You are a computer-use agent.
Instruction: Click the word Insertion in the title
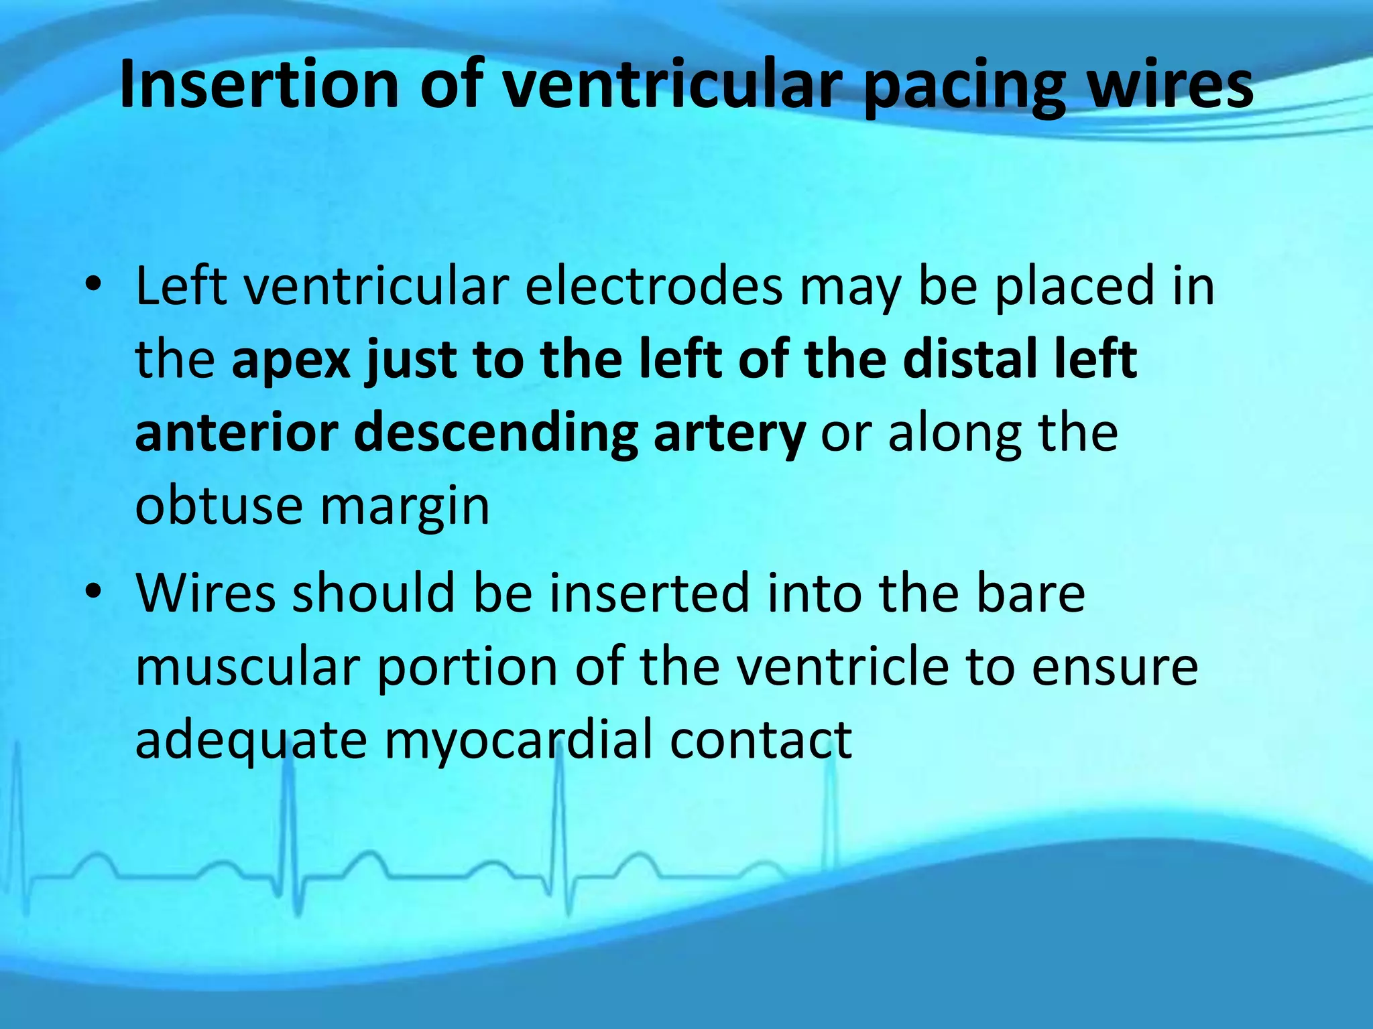pyautogui.click(x=259, y=85)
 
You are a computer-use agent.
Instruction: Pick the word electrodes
pyautogui.click(x=654, y=287)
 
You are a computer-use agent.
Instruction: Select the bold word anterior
pyautogui.click(x=236, y=433)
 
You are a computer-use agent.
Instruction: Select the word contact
pyautogui.click(x=760, y=740)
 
